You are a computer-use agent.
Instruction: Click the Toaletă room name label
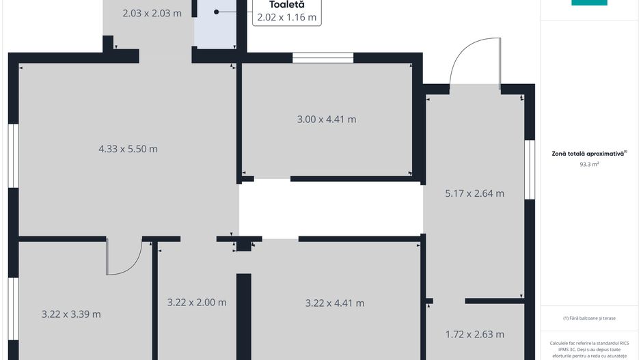tap(286, 5)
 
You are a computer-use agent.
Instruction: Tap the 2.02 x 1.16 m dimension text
tap(286, 17)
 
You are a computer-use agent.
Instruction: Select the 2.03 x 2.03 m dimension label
tap(152, 13)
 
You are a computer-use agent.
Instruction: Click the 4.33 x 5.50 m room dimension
tap(128, 149)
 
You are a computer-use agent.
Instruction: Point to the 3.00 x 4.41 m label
tap(327, 120)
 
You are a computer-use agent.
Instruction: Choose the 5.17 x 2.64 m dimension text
tap(475, 193)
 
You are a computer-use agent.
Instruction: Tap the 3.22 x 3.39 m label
tap(71, 314)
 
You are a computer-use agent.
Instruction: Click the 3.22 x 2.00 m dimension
tap(197, 303)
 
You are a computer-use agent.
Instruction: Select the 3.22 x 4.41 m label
tap(335, 303)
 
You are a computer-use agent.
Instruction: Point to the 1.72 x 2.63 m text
tap(475, 334)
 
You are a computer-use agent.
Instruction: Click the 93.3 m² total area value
tap(589, 164)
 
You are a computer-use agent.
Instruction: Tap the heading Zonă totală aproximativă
tap(588, 154)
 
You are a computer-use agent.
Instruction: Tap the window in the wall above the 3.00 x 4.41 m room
tap(323, 57)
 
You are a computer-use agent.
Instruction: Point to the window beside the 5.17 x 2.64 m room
tap(530, 170)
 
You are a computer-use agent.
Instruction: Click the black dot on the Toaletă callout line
tap(216, 12)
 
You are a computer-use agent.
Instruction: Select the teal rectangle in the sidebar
tap(589, 3)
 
